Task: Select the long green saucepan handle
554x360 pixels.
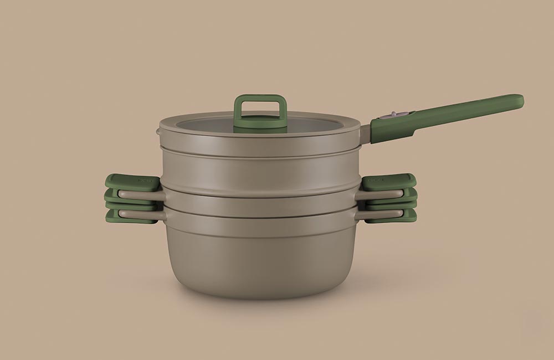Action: (454, 113)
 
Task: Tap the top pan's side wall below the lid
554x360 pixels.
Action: (260, 166)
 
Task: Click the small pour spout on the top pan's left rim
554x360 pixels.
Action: (158, 132)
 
